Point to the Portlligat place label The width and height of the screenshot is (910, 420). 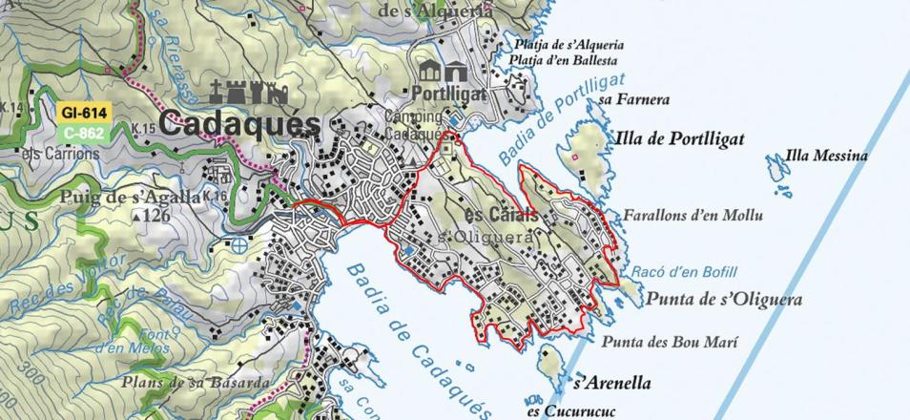pos(451,95)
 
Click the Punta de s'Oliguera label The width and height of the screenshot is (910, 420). pos(724,300)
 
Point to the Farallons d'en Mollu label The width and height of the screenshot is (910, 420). pos(693,216)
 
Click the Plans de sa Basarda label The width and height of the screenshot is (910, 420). pos(181,383)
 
